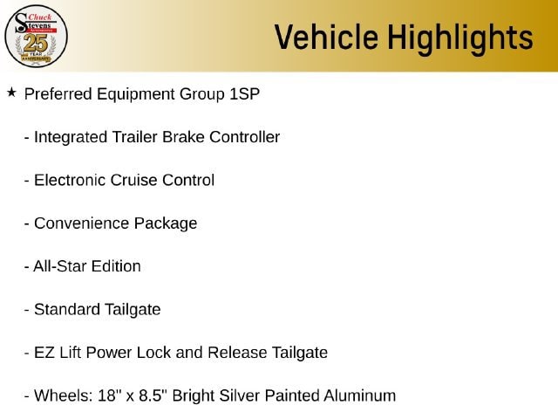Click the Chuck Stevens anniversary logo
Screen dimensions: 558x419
point(36,37)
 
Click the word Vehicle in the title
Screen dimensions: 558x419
point(326,37)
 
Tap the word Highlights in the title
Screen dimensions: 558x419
point(460,38)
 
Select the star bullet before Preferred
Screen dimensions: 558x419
point(11,93)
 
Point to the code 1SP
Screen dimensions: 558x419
point(244,94)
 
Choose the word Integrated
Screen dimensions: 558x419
point(71,138)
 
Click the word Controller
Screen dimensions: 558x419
point(244,137)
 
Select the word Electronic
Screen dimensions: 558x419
point(70,181)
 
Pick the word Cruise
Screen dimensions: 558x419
point(134,181)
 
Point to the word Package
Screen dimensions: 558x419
point(166,224)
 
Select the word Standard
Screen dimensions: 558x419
point(67,309)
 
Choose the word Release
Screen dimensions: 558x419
point(237,353)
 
